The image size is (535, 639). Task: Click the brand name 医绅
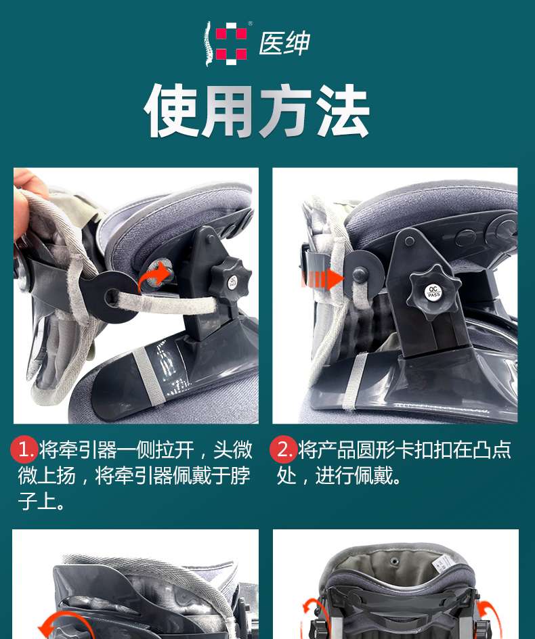(x=284, y=43)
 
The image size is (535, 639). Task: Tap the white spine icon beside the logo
(x=209, y=43)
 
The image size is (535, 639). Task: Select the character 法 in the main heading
(x=343, y=111)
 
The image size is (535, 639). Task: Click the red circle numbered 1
(x=24, y=450)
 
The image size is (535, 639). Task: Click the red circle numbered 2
(x=283, y=450)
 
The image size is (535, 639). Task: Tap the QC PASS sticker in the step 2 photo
(x=433, y=292)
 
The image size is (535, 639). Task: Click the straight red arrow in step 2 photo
(x=322, y=280)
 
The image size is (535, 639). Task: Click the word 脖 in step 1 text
(x=240, y=476)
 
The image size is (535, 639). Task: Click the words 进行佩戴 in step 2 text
(x=354, y=476)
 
